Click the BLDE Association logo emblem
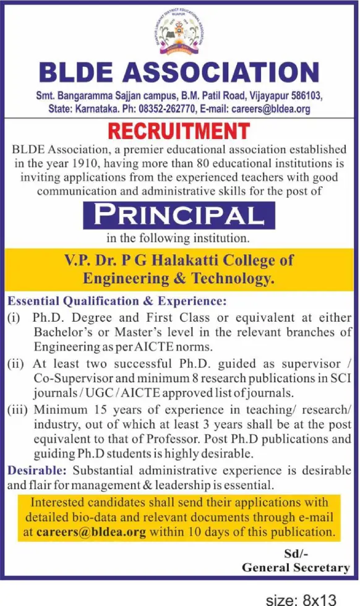pyautogui.click(x=179, y=34)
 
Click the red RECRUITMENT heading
pyautogui.click(x=179, y=131)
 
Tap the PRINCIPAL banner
pyautogui.click(x=179, y=216)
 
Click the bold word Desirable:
pyautogui.click(x=35, y=471)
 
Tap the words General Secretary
pyautogui.click(x=296, y=568)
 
